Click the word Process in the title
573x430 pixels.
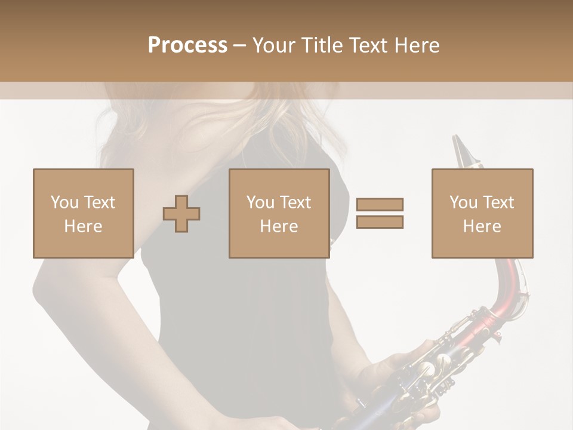[x=187, y=45]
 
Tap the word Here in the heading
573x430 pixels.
[x=417, y=45]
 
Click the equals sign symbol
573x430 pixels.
[x=380, y=213]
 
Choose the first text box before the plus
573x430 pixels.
[x=83, y=213]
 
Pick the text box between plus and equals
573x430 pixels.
[x=279, y=213]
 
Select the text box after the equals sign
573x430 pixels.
[x=482, y=213]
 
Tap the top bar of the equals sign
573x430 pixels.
[x=380, y=205]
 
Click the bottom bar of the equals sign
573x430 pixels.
[x=380, y=222]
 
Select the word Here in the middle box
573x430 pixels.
[x=279, y=226]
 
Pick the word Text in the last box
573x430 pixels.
[x=497, y=202]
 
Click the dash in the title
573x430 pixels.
[x=240, y=46]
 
